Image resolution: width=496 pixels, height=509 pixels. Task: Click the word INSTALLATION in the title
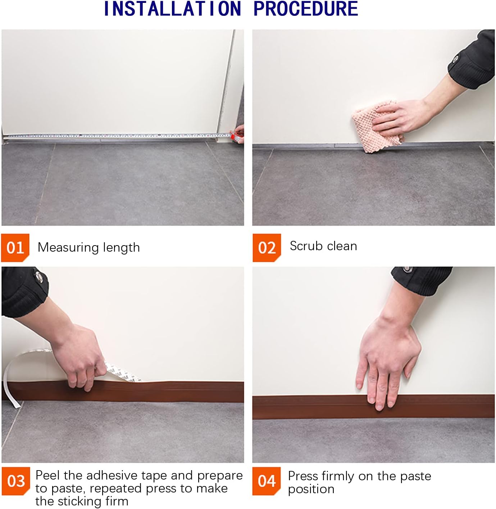pos(172,9)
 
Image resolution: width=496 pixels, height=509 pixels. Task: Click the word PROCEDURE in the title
pos(306,9)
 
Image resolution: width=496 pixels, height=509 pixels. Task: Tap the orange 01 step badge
pos(15,248)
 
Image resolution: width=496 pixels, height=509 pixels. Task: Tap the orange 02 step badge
pos(267,248)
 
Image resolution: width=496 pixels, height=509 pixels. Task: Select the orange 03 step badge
pos(15,481)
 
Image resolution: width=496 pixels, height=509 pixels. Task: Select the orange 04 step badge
pos(266,481)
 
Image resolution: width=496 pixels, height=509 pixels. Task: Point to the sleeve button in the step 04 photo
pos(407,269)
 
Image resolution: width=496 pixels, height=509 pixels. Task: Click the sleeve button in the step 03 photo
pos(38,276)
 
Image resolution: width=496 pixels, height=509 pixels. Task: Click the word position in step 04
pos(311,489)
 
